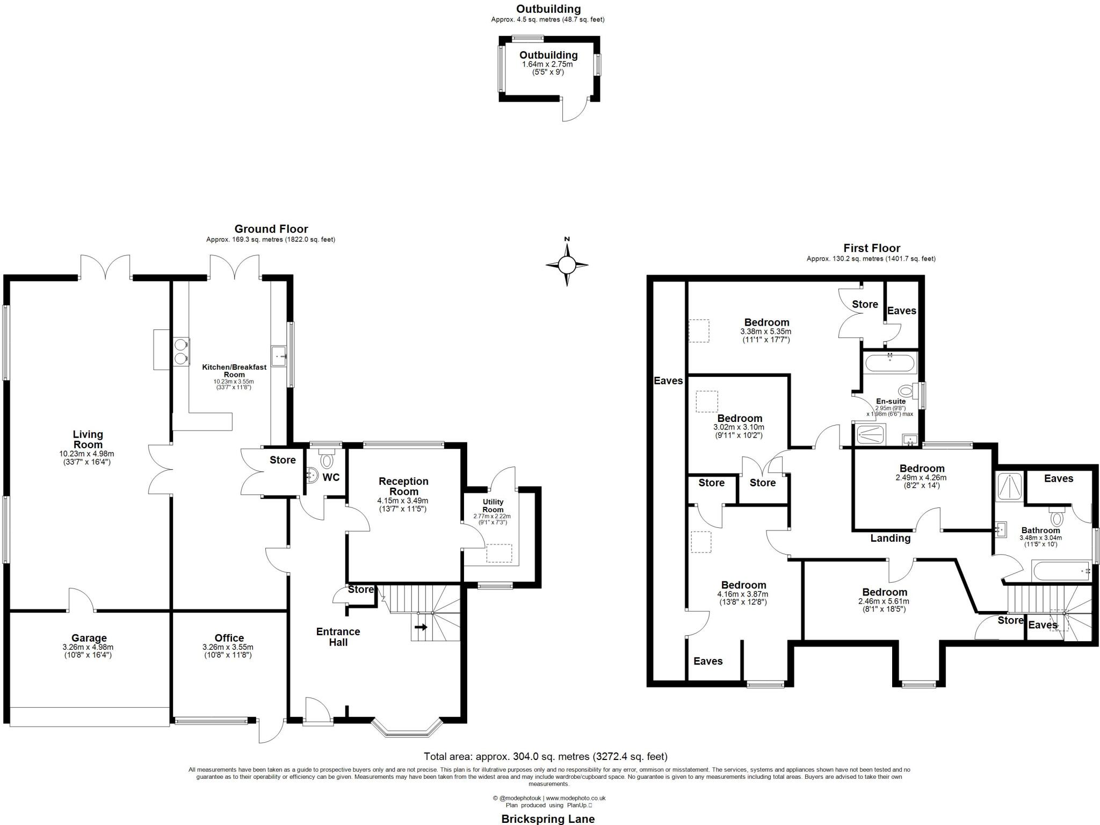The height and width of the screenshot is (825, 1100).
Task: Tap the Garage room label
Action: [x=89, y=639]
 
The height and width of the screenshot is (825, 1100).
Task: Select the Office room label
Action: [x=229, y=638]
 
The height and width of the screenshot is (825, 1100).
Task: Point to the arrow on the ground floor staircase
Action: [x=421, y=627]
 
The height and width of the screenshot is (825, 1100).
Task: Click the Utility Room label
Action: [x=493, y=506]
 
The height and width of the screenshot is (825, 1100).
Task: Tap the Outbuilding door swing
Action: [x=574, y=110]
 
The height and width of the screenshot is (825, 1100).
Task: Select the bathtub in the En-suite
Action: [x=890, y=363]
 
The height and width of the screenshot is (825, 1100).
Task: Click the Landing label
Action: [x=890, y=538]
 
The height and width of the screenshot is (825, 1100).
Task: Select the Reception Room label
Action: [x=403, y=486]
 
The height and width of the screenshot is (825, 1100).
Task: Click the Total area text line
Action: [x=545, y=757]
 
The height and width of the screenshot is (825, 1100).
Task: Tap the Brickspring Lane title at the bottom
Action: [x=547, y=819]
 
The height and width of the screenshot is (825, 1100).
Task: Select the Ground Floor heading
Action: [x=271, y=229]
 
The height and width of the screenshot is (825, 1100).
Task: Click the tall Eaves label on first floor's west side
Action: [x=668, y=381]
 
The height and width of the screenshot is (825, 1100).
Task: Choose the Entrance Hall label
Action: [x=338, y=637]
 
